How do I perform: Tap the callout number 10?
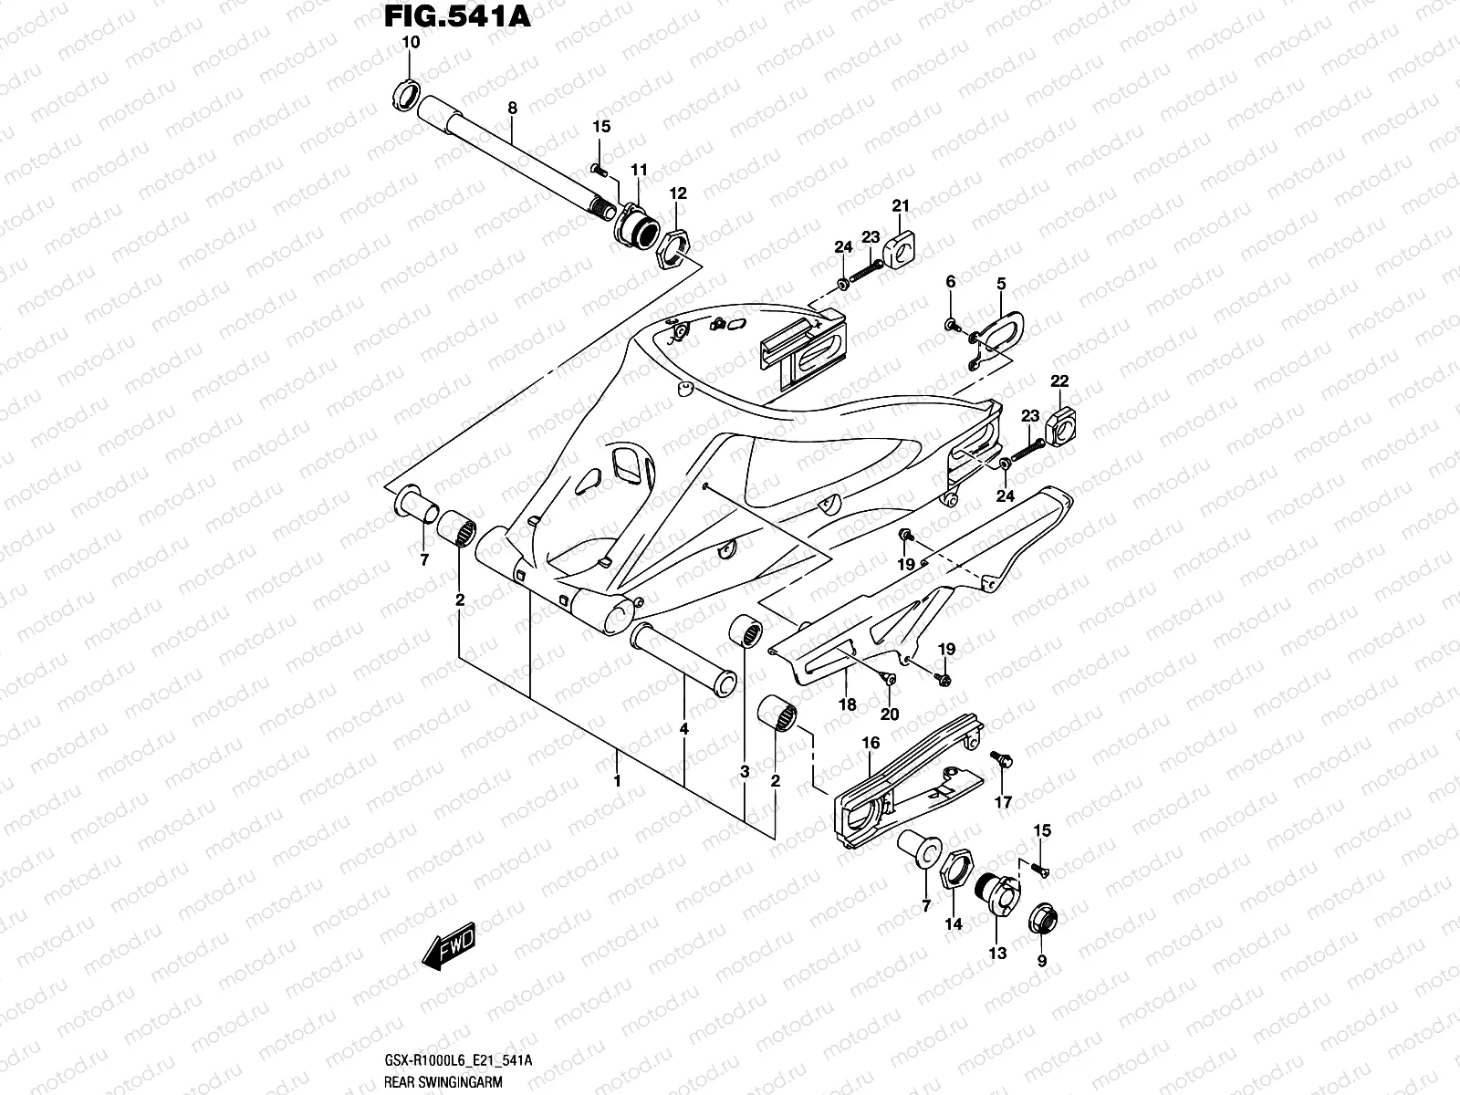tap(410, 43)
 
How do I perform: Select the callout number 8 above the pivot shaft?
tap(512, 108)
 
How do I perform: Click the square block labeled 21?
tap(901, 242)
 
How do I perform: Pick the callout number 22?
tap(1059, 381)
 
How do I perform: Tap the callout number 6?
tap(951, 283)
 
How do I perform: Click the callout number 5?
tap(1001, 285)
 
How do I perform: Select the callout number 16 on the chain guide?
tap(871, 744)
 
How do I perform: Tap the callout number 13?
tap(997, 954)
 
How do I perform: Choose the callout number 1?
tap(617, 781)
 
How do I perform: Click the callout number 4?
tap(683, 729)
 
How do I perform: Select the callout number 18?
tap(847, 704)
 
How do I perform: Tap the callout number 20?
tap(891, 714)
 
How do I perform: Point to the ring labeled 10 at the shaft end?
tap(406, 92)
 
